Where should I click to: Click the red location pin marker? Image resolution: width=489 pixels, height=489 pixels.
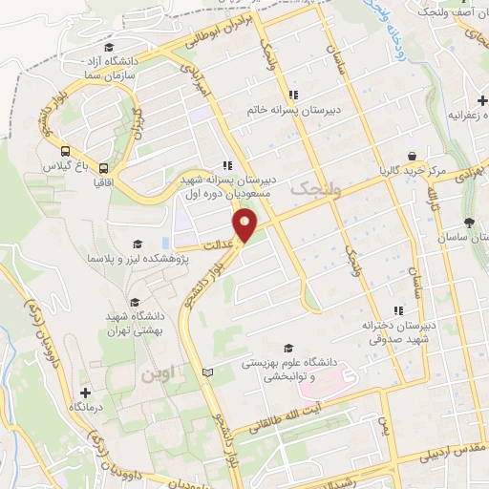click(x=248, y=226)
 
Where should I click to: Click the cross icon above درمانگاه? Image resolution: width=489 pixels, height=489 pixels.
click(x=86, y=393)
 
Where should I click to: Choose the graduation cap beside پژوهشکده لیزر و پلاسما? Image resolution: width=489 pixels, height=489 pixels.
click(x=138, y=244)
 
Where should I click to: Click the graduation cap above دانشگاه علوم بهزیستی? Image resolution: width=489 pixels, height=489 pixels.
click(x=289, y=348)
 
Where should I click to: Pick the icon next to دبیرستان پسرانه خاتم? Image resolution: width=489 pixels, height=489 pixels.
click(x=295, y=95)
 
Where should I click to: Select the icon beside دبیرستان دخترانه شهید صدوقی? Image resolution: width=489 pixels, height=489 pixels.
click(x=397, y=308)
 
